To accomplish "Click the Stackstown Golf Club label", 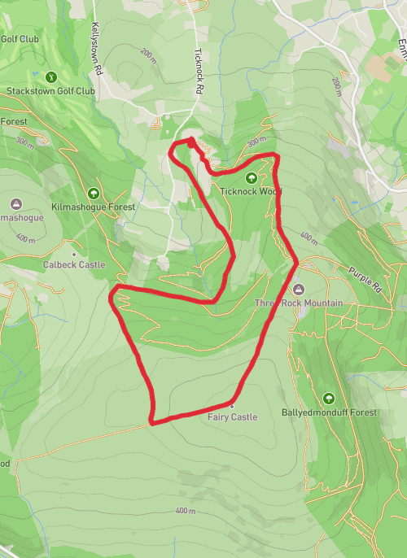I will coord(50,91).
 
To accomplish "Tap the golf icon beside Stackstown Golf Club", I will coord(51,76).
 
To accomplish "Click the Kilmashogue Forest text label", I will coord(93,207).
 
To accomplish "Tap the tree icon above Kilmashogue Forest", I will coord(94,194).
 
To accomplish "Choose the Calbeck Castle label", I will coord(75,265).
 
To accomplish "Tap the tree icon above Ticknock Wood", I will coord(250,177).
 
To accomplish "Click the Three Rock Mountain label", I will coord(298,303).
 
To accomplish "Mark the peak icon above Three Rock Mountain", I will coord(297,290).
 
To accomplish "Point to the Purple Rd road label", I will coord(364,280).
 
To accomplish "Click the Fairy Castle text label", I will coord(232,417).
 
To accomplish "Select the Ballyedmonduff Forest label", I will coord(330,412).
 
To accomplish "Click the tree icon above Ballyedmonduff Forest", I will coord(329,399).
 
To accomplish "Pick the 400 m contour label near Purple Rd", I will coord(309,238).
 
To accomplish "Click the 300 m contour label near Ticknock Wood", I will coord(256,142).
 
